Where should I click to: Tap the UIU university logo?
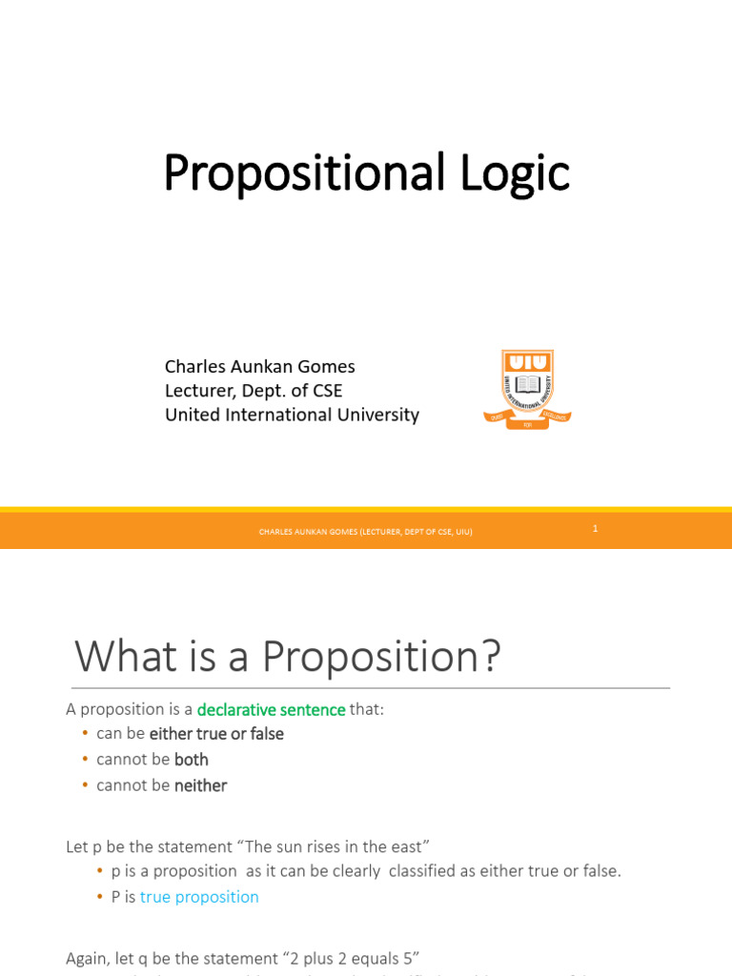coord(527,389)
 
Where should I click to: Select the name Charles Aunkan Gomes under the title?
coord(259,366)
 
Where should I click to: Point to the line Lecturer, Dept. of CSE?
coord(253,391)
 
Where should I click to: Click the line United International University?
coord(292,415)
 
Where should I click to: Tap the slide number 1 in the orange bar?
coord(595,528)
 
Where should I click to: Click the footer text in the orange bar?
coord(365,532)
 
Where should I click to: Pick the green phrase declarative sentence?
coord(271,709)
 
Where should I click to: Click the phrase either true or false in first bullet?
coord(216,734)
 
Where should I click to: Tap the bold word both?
coord(192,760)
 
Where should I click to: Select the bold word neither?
coord(200,785)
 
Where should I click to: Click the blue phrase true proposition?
coord(199,897)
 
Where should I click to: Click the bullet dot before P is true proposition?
coord(100,897)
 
